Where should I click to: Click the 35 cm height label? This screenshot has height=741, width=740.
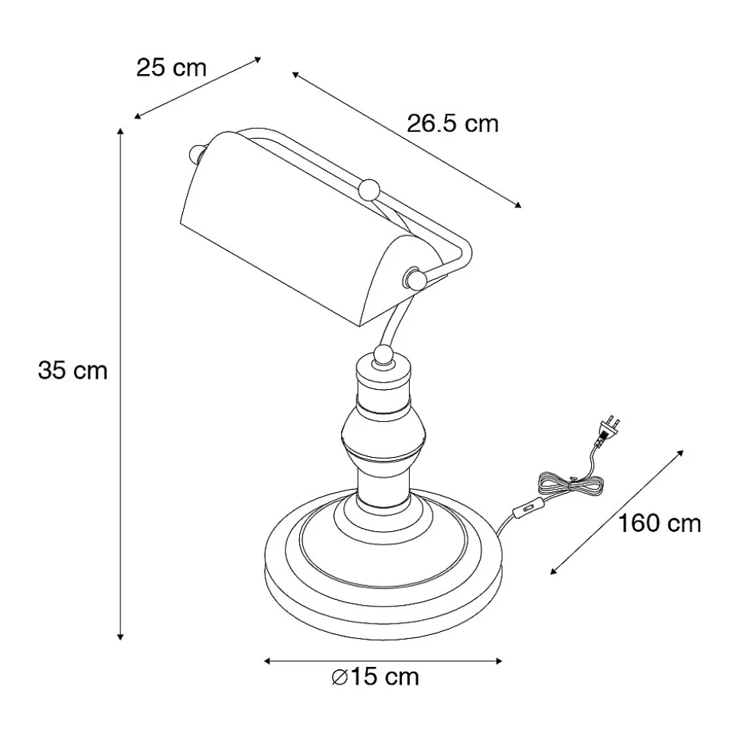(x=72, y=370)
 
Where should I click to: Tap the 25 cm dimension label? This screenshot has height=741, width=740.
(x=172, y=68)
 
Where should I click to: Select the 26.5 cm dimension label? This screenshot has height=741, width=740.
(x=452, y=124)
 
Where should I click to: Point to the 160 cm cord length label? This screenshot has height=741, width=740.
(x=660, y=524)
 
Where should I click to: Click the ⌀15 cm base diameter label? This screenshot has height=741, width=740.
(x=375, y=677)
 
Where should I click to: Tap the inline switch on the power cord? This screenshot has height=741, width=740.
(x=526, y=510)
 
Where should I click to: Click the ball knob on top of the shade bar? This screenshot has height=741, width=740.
(x=369, y=189)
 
